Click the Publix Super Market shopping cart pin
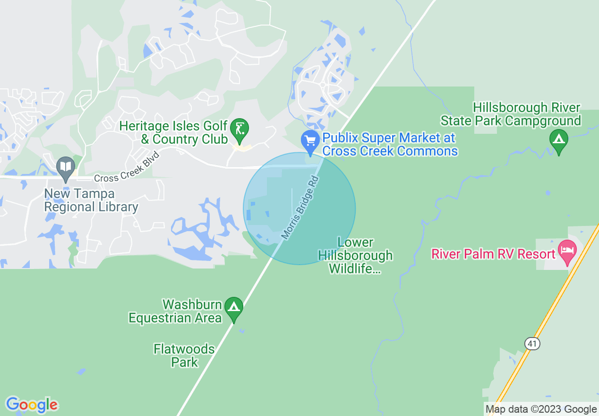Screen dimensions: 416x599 [310, 141]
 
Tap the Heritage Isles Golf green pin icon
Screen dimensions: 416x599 [240, 129]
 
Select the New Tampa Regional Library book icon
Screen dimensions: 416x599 [66, 167]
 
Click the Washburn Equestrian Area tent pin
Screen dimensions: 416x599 [233, 307]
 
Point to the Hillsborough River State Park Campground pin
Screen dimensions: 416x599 [559, 140]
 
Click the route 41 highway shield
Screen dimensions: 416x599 [532, 344]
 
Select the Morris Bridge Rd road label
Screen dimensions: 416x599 [300, 208]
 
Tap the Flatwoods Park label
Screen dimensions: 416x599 [184, 355]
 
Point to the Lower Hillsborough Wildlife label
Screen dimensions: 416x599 [355, 256]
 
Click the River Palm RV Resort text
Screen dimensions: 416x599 [493, 254]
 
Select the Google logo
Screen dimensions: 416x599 [31, 405]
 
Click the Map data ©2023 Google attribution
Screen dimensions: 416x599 [541, 409]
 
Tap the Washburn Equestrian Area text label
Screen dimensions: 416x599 [176, 311]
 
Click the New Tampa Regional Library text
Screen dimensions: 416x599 [91, 200]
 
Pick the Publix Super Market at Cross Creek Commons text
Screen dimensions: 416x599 [389, 144]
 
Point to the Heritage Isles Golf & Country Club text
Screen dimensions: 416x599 [178, 133]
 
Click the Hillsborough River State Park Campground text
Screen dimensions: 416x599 [511, 114]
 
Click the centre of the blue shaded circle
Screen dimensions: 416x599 [299, 208]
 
